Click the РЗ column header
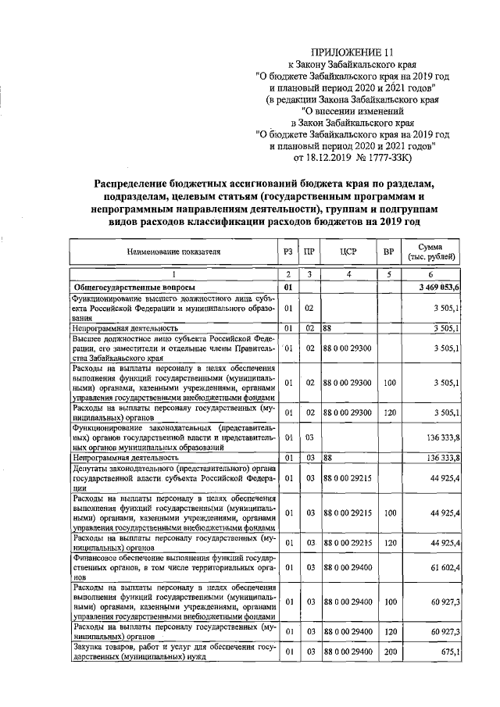tap(288, 252)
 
